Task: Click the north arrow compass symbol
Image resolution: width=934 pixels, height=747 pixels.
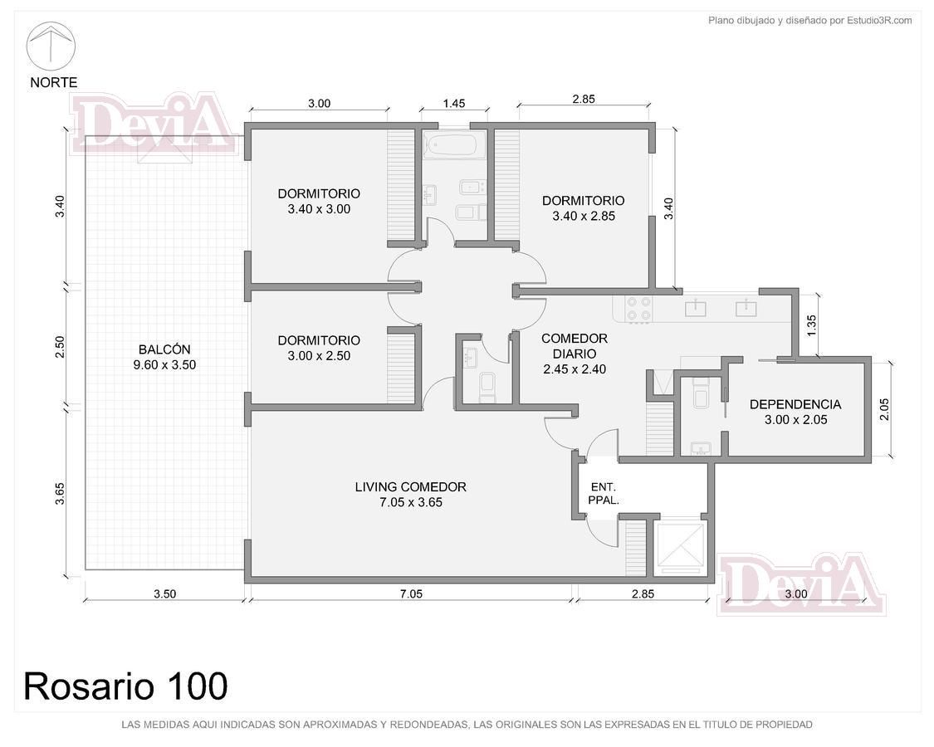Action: (51, 46)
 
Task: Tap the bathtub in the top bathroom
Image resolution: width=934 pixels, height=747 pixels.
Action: (450, 144)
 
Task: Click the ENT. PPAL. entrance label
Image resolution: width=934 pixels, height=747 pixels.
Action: (604, 494)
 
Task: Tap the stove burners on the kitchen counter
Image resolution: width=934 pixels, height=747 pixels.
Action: (638, 310)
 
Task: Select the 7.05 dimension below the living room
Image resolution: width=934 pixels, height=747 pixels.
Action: (411, 593)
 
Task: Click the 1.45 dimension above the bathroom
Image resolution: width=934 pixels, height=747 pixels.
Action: (454, 104)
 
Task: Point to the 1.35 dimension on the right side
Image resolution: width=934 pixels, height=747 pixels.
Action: (811, 325)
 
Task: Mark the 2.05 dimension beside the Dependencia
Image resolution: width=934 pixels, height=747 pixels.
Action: (884, 409)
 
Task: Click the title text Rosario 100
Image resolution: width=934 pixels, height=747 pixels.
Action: (125, 686)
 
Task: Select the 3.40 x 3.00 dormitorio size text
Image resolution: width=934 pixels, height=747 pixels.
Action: (319, 209)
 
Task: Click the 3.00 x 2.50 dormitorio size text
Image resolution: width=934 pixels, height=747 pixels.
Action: (319, 355)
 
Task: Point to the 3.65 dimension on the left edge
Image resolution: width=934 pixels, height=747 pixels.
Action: (60, 493)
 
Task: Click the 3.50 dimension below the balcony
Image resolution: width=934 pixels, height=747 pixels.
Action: (164, 593)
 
